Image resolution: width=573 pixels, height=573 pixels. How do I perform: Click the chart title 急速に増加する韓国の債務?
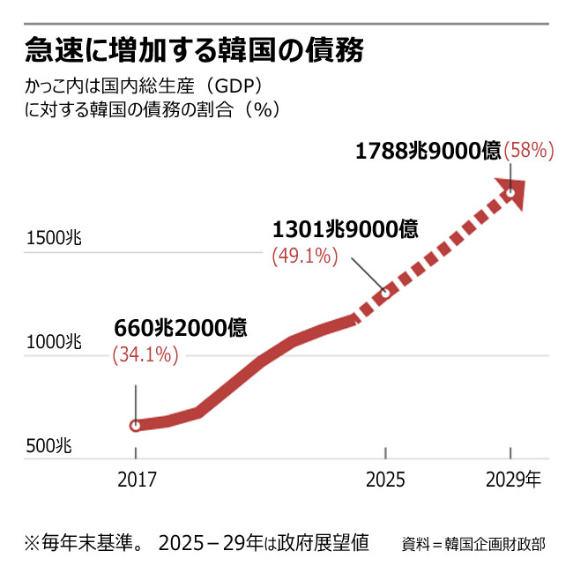click(195, 50)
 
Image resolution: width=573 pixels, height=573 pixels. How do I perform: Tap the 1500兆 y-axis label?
click(55, 238)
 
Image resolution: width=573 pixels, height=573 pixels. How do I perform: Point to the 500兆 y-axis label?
click(48, 445)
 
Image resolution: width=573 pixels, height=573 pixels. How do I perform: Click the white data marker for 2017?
click(136, 426)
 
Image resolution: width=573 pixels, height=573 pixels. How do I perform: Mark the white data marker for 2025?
click(385, 292)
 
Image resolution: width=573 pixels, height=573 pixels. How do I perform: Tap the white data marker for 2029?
click(510, 190)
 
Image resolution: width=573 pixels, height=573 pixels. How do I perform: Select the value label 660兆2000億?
click(181, 327)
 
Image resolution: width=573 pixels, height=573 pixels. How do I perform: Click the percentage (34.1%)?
click(145, 354)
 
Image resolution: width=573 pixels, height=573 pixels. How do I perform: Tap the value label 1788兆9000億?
click(428, 151)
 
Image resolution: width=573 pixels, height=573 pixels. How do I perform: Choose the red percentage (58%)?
click(528, 151)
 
